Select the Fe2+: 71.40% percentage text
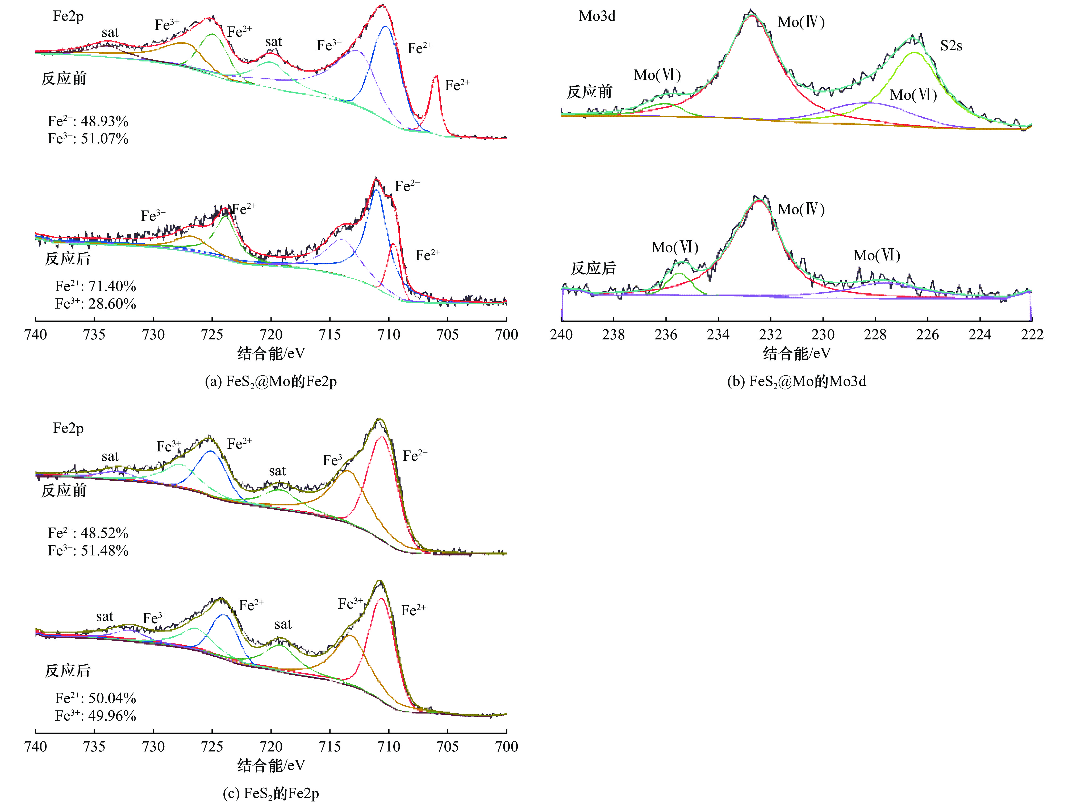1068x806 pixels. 95,286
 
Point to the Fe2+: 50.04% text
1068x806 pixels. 95,698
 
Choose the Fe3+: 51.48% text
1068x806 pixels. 88,551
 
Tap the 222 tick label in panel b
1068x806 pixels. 1032,335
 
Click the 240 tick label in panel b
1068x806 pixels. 561,335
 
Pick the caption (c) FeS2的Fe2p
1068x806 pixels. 271,793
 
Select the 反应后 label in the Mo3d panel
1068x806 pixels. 593,268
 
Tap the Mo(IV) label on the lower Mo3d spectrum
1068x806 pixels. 801,210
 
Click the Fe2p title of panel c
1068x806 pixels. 68,428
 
